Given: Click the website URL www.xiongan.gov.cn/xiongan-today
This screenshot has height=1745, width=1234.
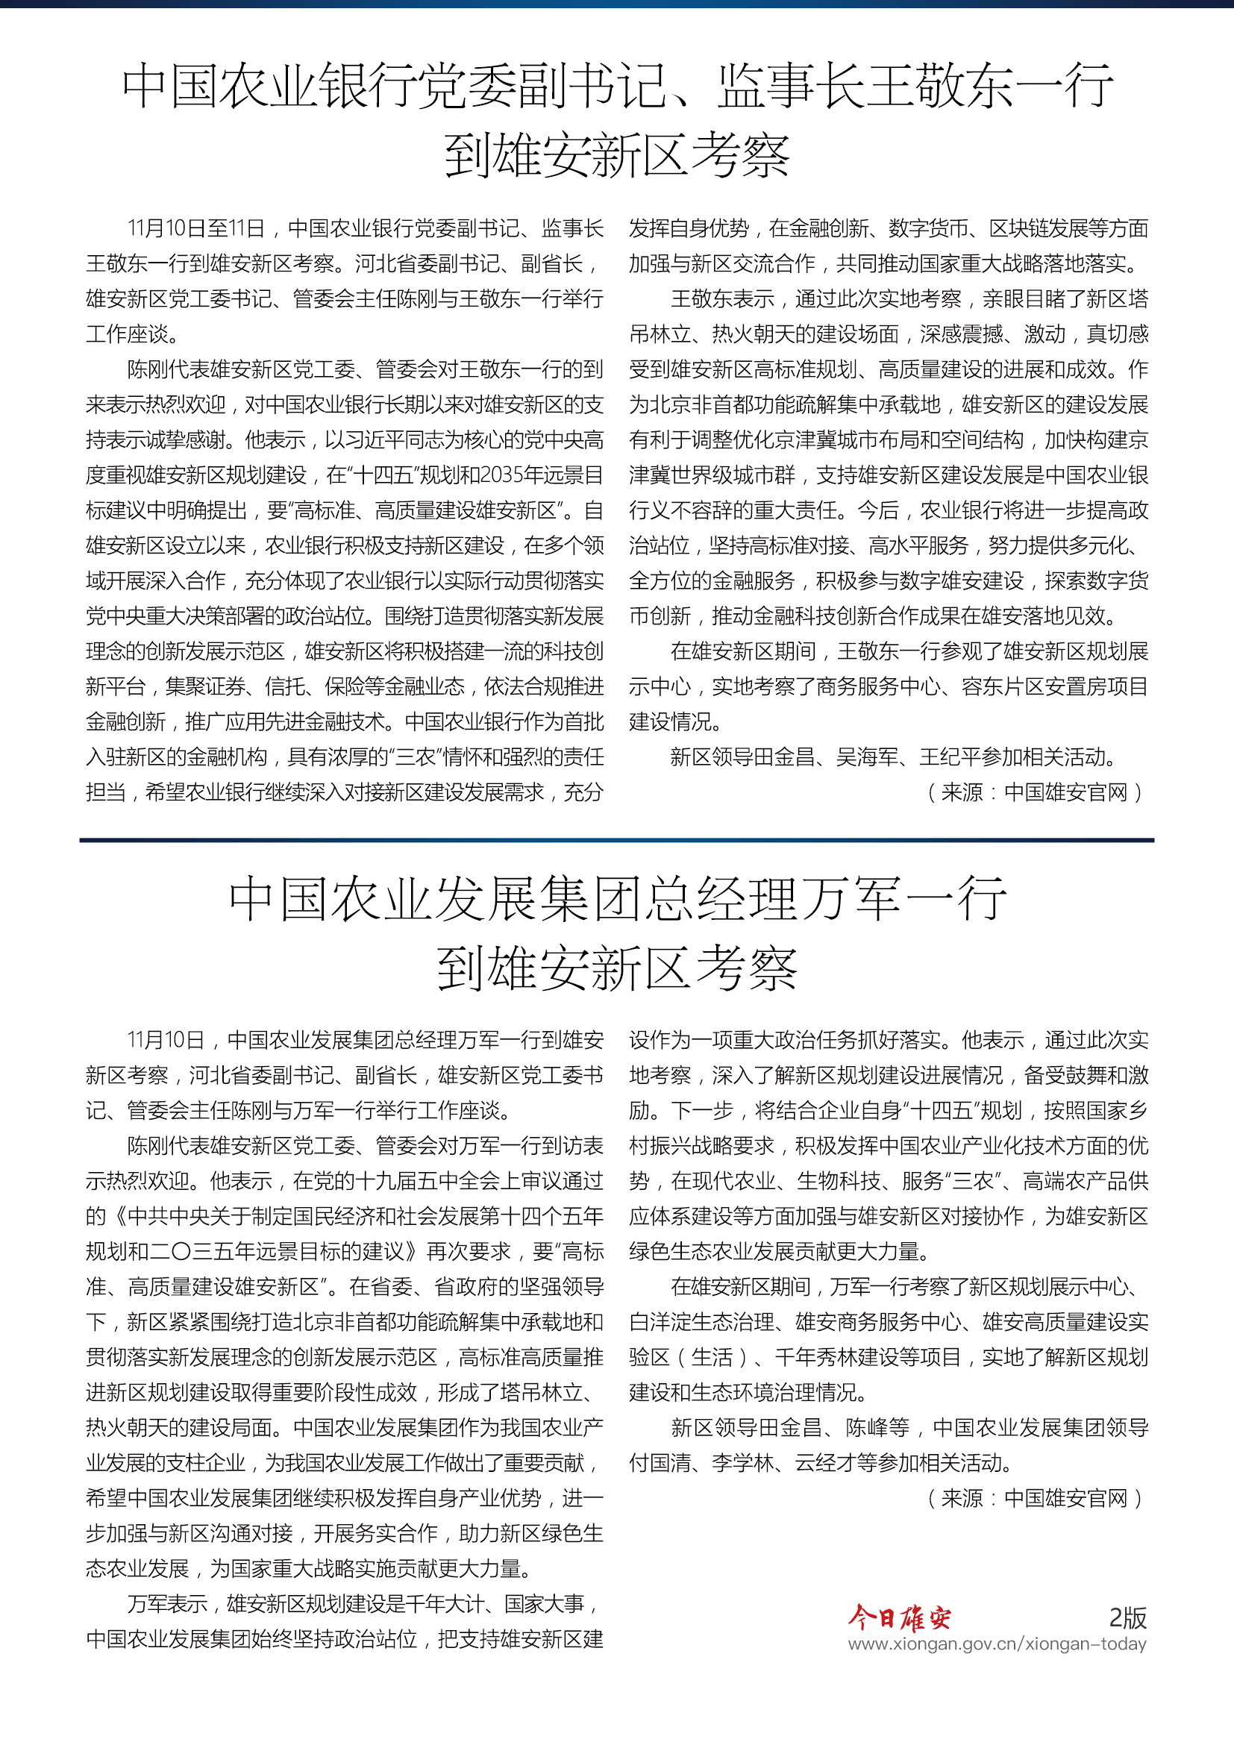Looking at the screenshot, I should pos(997,1644).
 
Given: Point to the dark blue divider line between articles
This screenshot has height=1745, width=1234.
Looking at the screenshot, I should pos(616,840).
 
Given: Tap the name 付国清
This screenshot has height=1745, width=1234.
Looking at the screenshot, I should pos(660,1462).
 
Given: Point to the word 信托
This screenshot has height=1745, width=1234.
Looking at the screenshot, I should pos(285,686).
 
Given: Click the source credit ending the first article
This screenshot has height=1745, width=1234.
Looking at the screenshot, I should pos(1034,793).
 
